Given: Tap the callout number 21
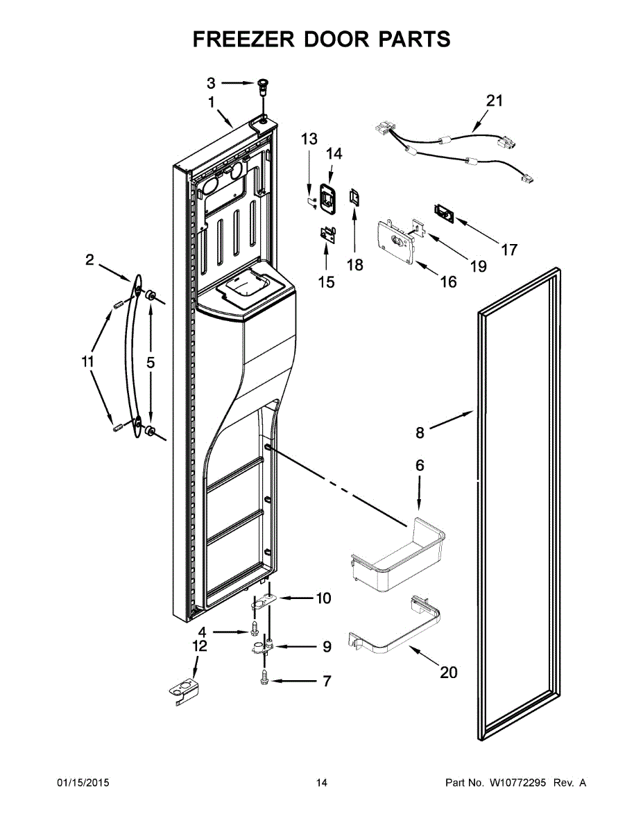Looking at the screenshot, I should point(493,101).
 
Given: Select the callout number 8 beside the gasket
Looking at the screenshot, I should point(420,433).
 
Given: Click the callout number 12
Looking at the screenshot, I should point(199,646).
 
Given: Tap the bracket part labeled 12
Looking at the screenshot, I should point(185,691).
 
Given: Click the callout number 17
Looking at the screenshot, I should point(509,250).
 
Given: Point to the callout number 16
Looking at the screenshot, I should point(449,281).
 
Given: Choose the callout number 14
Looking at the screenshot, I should point(334,153).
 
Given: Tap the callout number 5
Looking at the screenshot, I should point(151,362).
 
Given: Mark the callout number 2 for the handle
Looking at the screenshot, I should point(89,260).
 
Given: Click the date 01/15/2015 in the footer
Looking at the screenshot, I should point(83,783).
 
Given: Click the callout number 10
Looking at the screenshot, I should point(324,598).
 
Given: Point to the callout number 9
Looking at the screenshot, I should point(327,647).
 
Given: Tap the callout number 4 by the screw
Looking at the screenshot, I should point(202,632).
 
